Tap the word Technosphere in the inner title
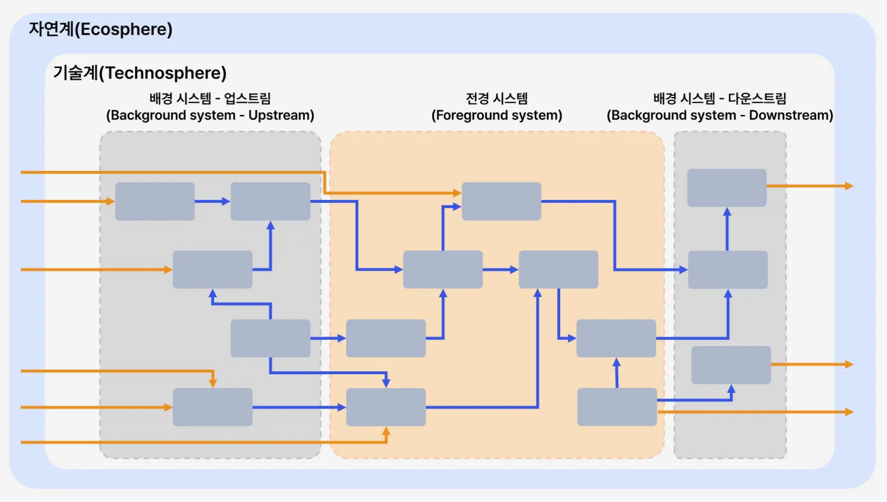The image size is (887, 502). [162, 73]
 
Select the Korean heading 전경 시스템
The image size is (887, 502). [497, 99]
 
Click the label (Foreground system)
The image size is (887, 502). [497, 115]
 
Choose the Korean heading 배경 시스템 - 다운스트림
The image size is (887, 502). [719, 99]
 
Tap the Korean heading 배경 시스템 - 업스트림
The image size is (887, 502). [210, 99]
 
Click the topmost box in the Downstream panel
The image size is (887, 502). [726, 188]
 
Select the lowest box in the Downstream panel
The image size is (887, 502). [731, 365]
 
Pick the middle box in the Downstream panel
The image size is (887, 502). [728, 270]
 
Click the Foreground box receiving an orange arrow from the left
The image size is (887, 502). [501, 201]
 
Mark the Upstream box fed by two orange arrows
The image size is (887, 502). [213, 407]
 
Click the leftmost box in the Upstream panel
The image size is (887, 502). [155, 201]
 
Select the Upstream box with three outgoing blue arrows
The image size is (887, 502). [270, 338]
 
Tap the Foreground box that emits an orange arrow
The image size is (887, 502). [617, 407]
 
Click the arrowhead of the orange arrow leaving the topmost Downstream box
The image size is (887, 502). [849, 186]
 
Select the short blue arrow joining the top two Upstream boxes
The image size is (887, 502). [213, 202]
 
